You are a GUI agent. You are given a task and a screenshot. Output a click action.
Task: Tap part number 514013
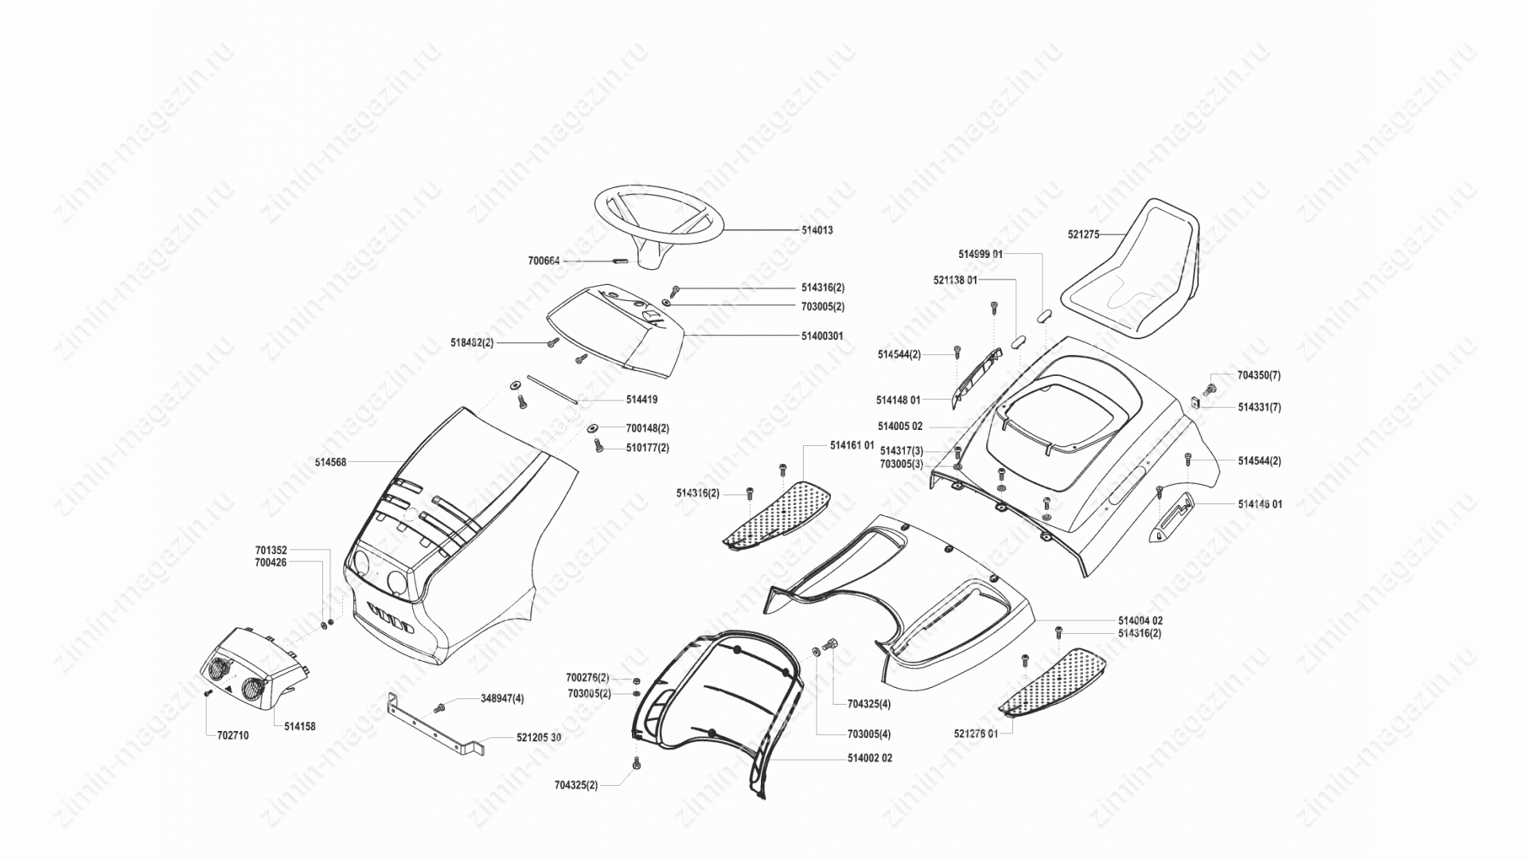coord(817,230)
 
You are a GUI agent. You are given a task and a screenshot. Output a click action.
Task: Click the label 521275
coord(1083,235)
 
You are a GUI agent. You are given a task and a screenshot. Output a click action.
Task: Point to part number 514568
coord(330,462)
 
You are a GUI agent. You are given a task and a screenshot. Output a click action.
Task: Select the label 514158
coord(299,726)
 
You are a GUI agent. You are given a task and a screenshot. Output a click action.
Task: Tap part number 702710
coord(232,736)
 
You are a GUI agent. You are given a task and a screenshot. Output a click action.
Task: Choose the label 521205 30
coord(539,738)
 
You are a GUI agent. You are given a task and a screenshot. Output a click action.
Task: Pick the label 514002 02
coord(869,758)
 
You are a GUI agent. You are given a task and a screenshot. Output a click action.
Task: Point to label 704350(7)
coord(1259,375)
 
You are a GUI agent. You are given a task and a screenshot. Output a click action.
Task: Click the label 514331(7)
coord(1259,408)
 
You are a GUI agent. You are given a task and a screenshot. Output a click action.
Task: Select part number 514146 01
coord(1260,505)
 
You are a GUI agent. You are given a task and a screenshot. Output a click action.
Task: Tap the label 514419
coord(641,400)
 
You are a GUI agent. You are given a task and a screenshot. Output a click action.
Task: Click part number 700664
coord(544,260)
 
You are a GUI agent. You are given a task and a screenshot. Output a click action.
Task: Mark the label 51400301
coord(822,337)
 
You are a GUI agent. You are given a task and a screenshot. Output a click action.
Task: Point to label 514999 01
coord(980,254)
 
